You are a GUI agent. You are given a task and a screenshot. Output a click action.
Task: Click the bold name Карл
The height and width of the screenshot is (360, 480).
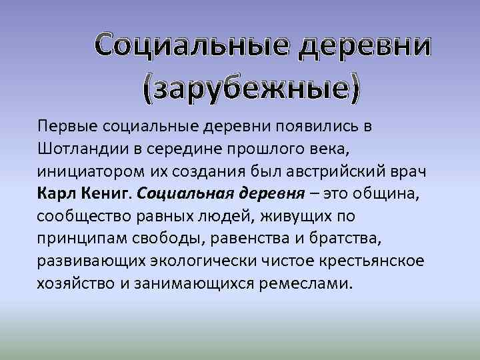click(55, 193)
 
